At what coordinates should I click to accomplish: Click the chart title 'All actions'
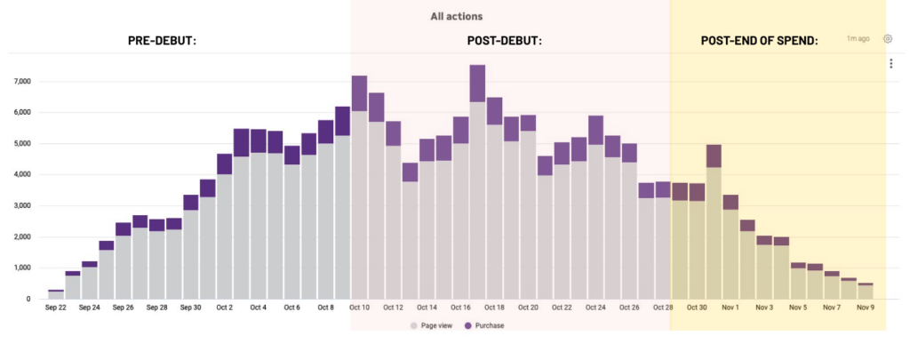456,16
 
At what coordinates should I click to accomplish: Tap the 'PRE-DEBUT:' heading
163,41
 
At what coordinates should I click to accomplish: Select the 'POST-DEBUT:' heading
505,41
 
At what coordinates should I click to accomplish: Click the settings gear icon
888,39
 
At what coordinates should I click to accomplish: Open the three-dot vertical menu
890,63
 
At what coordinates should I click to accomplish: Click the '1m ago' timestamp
858,39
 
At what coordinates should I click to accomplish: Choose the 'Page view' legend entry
431,325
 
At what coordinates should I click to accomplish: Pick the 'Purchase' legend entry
484,325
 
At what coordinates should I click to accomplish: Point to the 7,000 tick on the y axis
22,82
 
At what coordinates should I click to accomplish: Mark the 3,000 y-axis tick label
22,206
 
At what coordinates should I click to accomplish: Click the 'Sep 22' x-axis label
56,308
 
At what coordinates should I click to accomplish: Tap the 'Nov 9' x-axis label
866,308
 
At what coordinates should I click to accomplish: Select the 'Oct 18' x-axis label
494,308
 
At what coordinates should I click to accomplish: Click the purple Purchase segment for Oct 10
359,93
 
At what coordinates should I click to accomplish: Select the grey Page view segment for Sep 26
123,267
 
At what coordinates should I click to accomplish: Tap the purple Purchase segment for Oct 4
259,141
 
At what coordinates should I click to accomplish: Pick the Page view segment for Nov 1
730,254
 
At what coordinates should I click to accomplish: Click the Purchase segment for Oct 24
595,130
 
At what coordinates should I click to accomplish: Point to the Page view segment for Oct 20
528,215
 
